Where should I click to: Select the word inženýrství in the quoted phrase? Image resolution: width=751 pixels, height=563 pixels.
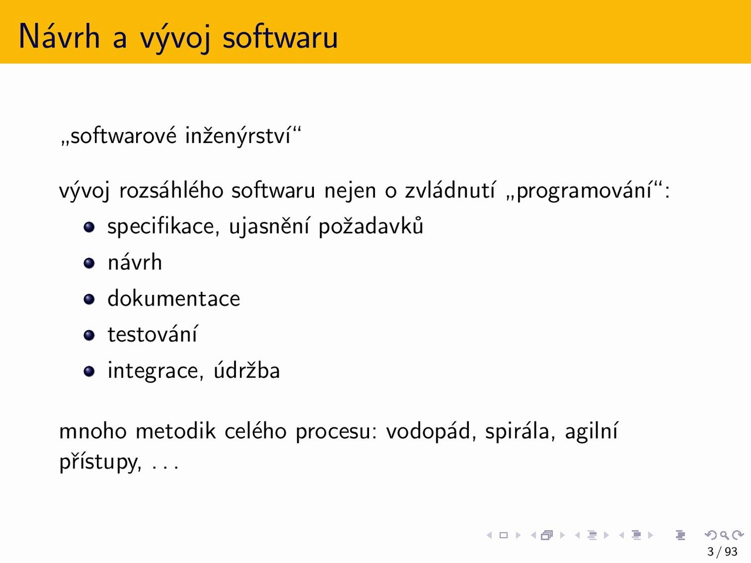pyautogui.click(x=238, y=136)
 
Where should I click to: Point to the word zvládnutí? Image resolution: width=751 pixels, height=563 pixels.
pyautogui.click(x=450, y=190)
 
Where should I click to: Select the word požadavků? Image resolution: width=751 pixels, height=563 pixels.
pyautogui.click(x=371, y=226)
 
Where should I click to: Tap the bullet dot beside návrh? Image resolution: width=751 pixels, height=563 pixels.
pyautogui.click(x=89, y=263)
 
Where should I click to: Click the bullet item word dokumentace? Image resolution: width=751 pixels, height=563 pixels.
pyautogui.click(x=174, y=298)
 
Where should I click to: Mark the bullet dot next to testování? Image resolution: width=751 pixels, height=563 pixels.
pyautogui.click(x=89, y=335)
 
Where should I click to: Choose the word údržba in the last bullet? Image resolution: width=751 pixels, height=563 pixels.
pyautogui.click(x=246, y=370)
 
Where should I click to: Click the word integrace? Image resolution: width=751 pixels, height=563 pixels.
pyautogui.click(x=155, y=371)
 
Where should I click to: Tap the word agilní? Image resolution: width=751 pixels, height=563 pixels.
pyautogui.click(x=591, y=432)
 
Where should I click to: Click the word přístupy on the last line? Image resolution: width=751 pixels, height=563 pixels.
pyautogui.click(x=100, y=463)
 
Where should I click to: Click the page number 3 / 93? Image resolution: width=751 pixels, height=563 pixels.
pyautogui.click(x=722, y=552)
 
